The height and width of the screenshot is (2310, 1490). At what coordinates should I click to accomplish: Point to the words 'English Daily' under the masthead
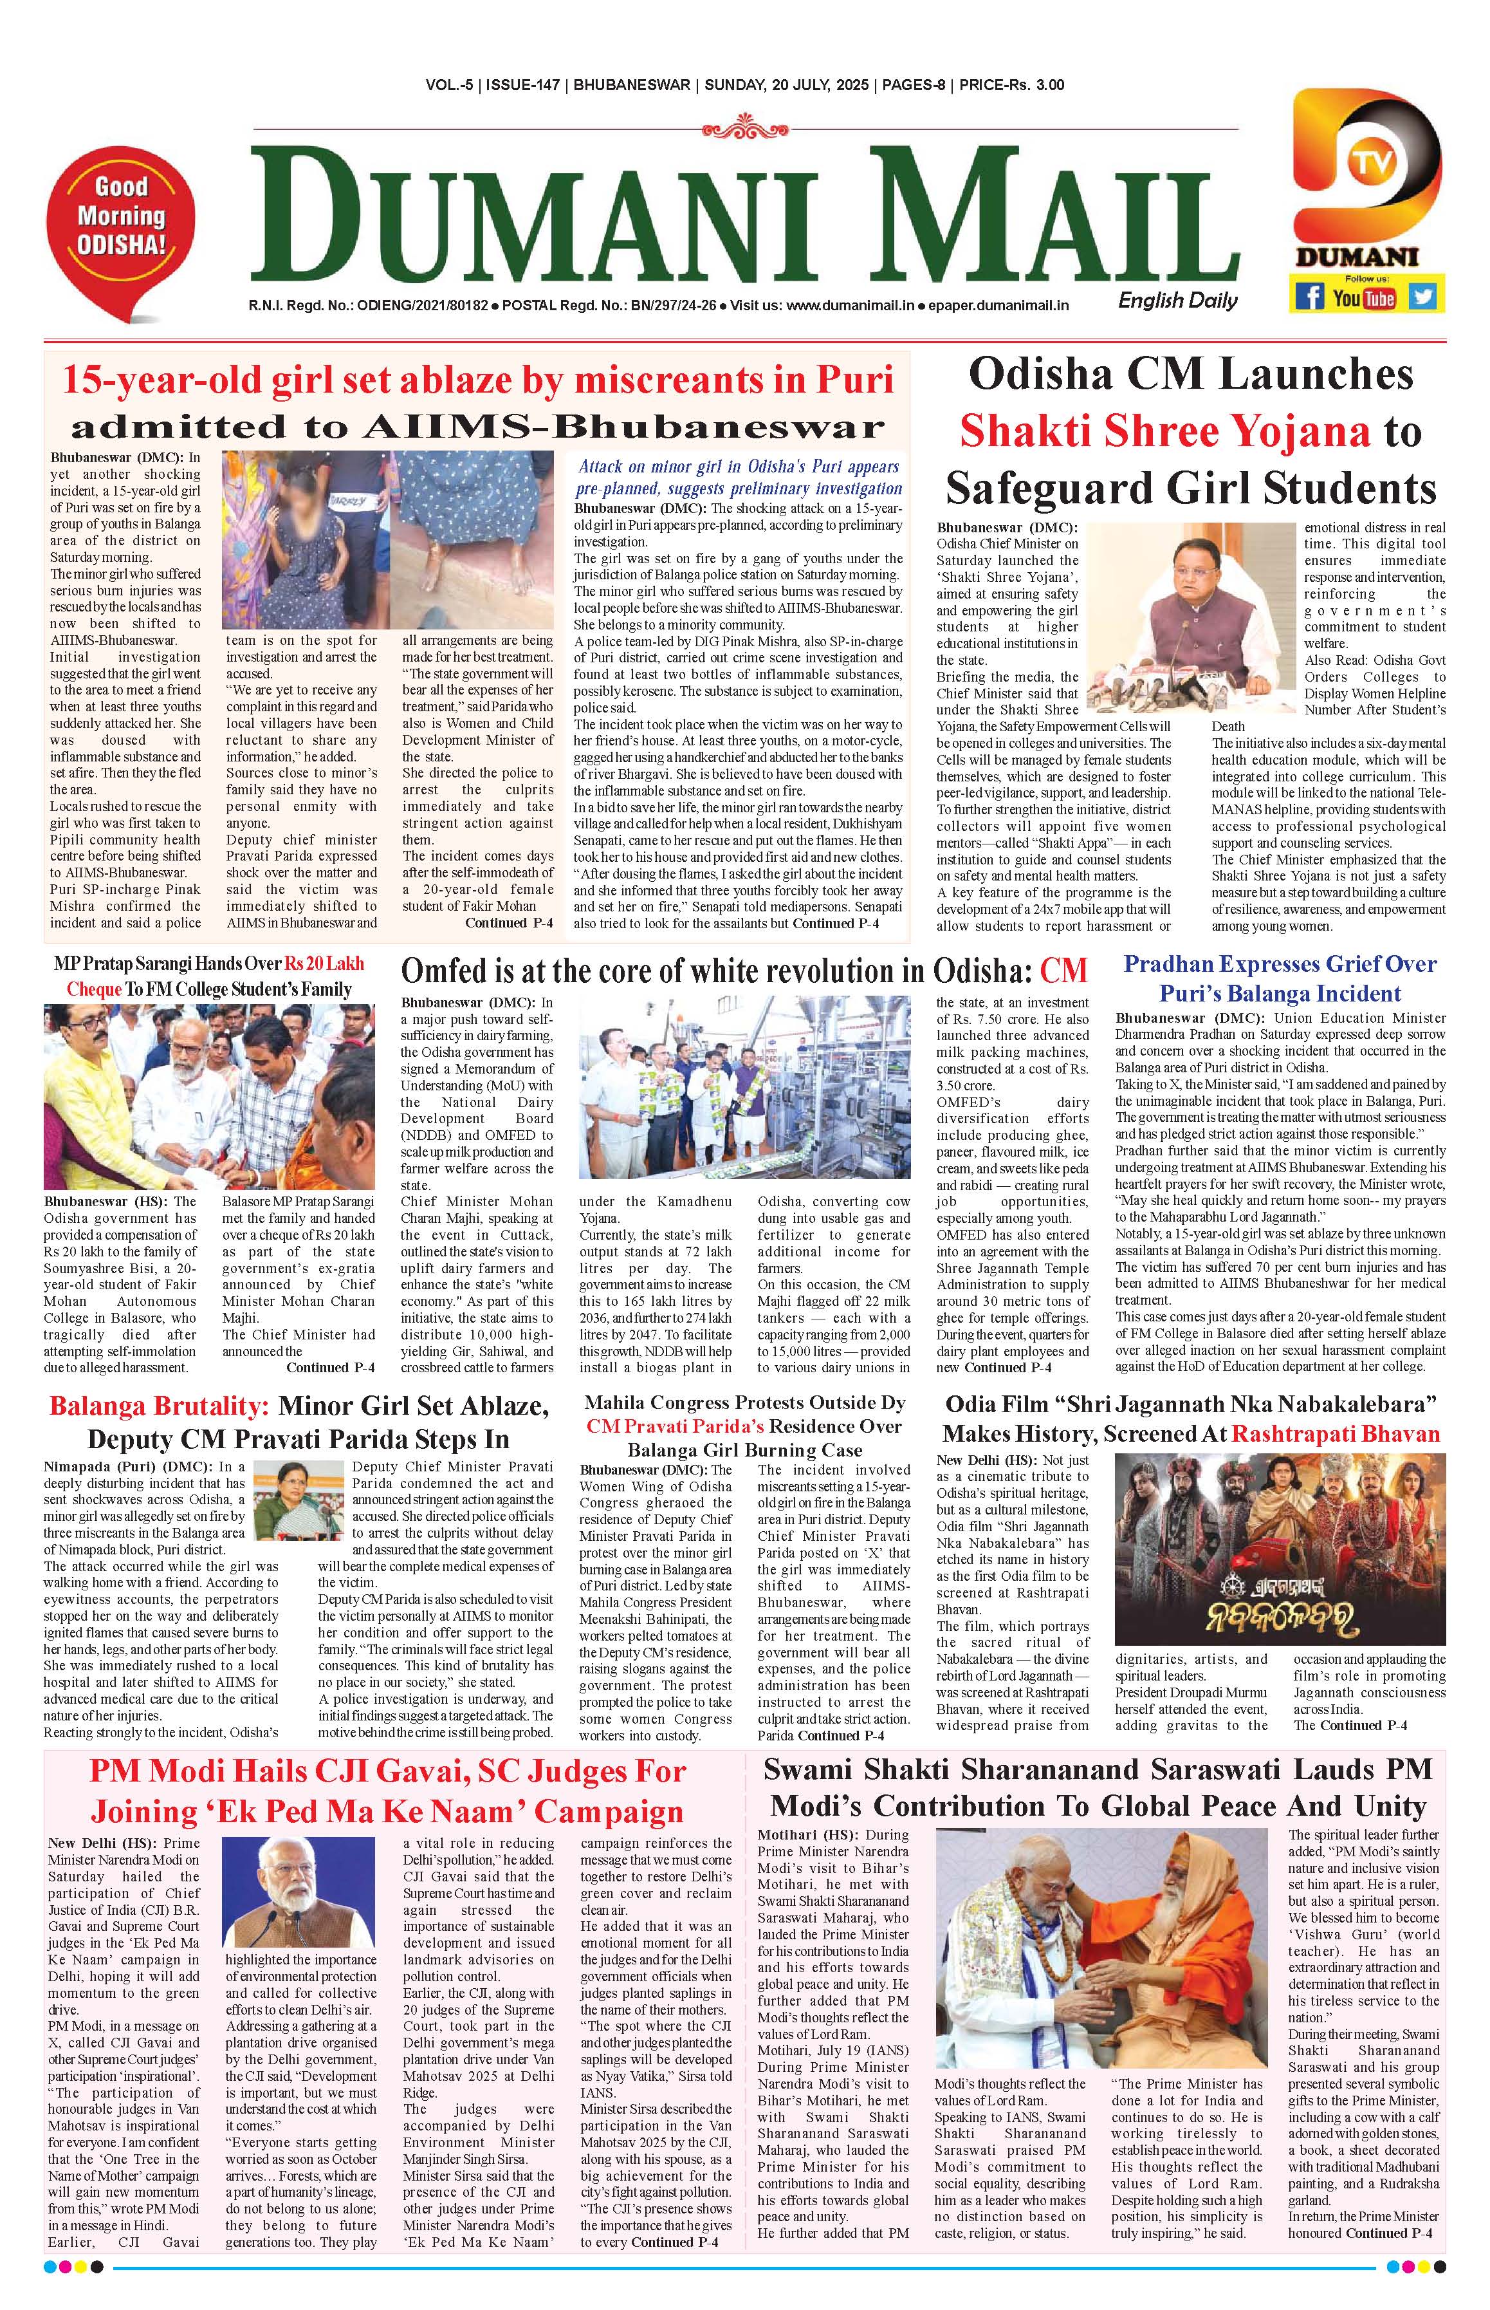(x=1177, y=300)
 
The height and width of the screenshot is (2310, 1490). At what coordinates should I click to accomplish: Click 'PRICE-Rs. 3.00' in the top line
(x=1009, y=85)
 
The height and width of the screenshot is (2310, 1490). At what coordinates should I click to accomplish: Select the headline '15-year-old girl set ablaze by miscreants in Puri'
(x=477, y=379)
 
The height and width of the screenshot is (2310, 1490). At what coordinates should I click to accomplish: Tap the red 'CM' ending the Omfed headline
(x=1063, y=971)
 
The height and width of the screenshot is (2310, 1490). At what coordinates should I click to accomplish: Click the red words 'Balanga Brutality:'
(x=160, y=1405)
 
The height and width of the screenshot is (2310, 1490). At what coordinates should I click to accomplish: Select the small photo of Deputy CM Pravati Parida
(x=284, y=1498)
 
